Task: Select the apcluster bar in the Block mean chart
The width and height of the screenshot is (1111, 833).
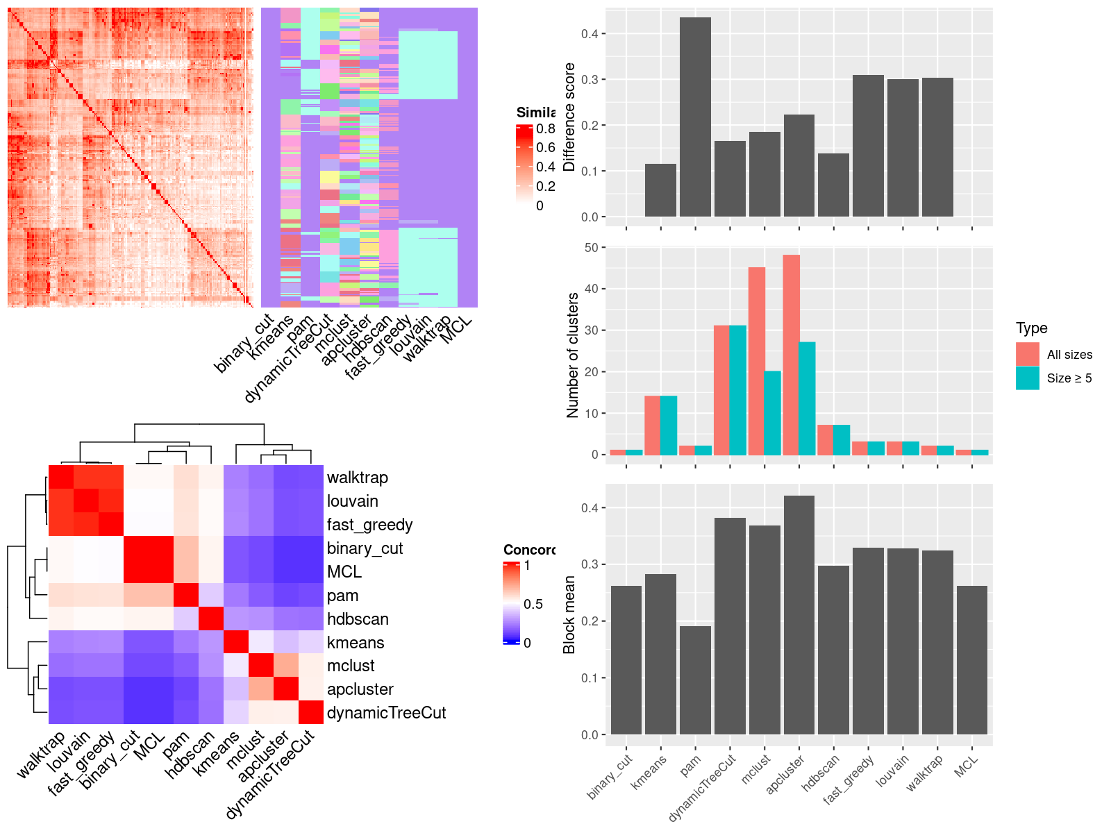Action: pos(799,615)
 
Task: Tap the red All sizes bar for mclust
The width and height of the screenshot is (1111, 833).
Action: pos(756,361)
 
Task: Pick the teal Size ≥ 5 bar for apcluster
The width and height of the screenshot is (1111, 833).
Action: pos(807,398)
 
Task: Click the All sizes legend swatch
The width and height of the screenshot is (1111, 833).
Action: pos(1027,354)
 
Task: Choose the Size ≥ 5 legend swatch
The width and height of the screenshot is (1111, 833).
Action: pos(1027,378)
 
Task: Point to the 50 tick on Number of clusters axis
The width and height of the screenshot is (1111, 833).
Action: pos(592,248)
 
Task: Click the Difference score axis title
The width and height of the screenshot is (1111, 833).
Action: pos(569,117)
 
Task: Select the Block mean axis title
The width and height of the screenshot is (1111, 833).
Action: pos(569,614)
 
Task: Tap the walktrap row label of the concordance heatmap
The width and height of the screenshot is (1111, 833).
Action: pos(357,478)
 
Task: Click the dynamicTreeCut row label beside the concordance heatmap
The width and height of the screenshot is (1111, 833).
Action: pos(386,713)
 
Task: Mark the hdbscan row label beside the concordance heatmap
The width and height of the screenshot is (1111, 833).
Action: pos(358,619)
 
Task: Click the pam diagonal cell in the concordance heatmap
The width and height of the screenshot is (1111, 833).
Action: pos(185,595)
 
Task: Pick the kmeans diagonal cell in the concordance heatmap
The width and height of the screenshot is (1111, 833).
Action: pos(235,642)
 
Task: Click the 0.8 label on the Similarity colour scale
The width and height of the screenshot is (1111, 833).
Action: pos(546,128)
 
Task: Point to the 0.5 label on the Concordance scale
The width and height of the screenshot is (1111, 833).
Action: pos(533,604)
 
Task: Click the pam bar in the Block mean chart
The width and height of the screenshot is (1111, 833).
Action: pos(695,680)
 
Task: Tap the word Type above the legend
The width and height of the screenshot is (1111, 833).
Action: pos(1031,328)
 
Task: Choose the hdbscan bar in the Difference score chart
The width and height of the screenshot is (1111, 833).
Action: pos(833,185)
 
